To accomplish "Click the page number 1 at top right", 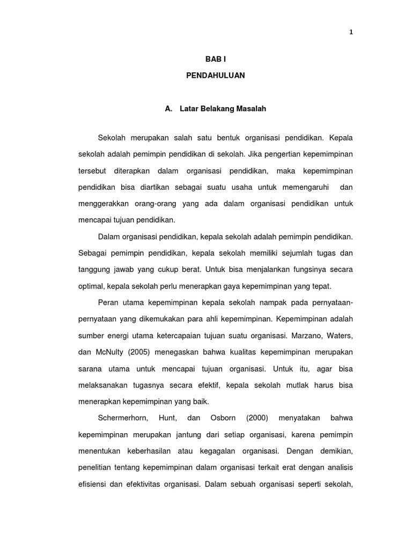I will pos(351,32).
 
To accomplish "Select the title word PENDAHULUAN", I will pos(215,76).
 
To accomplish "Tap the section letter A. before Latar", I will pos(168,109).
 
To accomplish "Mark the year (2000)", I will pos(257,418).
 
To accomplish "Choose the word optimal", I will pos(91,286).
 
